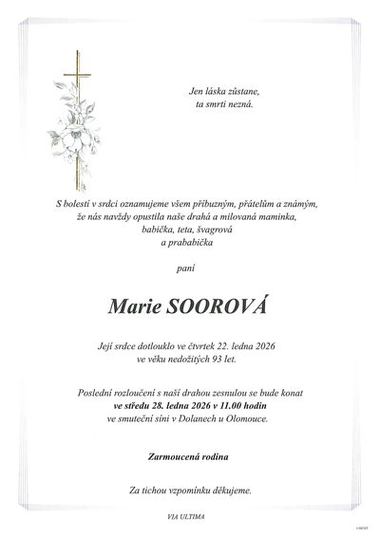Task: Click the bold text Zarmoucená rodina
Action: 189,457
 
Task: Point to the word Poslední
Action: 128,391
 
